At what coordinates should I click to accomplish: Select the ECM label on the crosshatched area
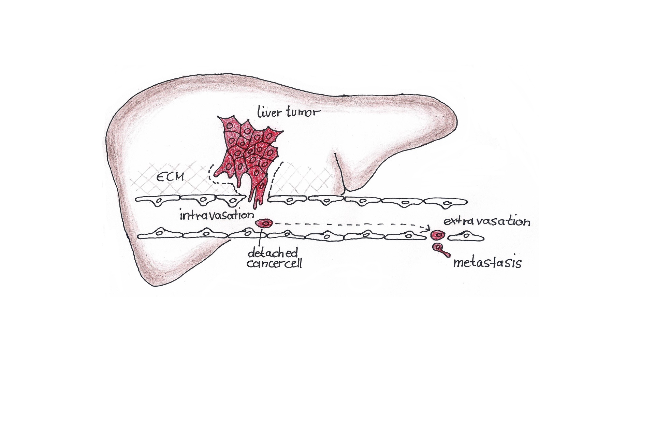click(170, 176)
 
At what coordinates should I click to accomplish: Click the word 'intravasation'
click(217, 215)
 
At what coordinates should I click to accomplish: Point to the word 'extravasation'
click(487, 222)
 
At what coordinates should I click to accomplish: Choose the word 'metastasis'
click(487, 263)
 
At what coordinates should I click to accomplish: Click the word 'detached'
click(273, 253)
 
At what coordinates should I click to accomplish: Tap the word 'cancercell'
click(274, 264)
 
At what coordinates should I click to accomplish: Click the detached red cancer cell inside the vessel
click(264, 223)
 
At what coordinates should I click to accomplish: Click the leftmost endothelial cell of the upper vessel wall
click(157, 201)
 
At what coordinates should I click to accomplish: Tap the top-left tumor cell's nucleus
click(230, 126)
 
